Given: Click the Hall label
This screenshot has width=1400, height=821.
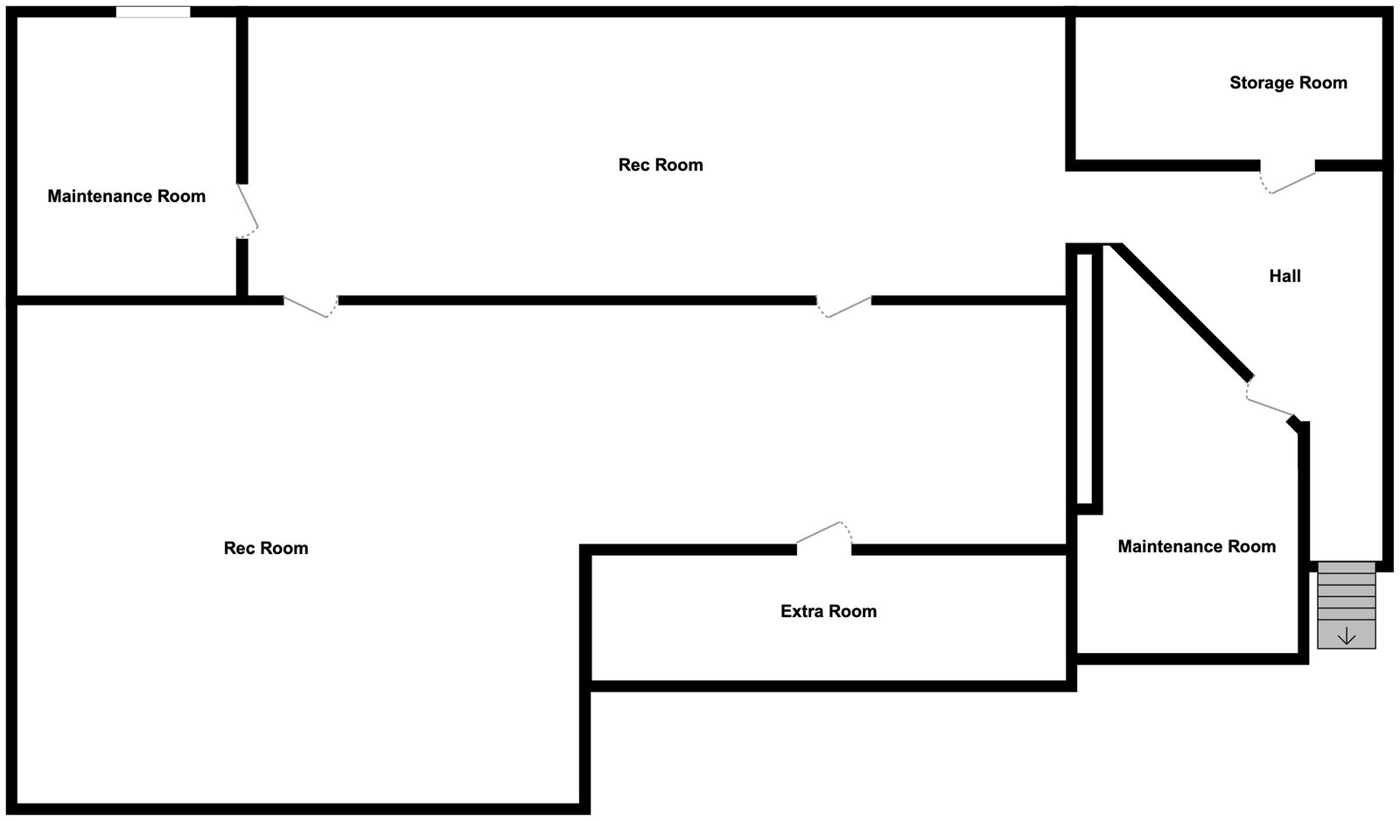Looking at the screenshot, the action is [1284, 277].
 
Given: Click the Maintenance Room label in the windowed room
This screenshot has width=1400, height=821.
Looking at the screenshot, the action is [126, 197].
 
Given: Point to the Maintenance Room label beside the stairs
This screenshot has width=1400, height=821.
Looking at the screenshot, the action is [1196, 547].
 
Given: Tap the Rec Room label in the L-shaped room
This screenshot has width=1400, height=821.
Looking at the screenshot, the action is [266, 549].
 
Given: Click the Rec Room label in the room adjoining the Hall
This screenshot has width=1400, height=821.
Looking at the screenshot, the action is [660, 165].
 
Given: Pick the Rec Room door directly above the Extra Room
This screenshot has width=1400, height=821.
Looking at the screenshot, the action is [843, 306].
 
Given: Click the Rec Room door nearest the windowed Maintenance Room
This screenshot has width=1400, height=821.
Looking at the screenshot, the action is [310, 306].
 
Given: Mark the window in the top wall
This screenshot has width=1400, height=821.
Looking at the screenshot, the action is [153, 12].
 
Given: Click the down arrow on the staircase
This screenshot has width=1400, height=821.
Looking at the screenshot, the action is [1347, 636].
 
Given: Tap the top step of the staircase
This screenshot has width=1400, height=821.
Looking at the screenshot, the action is [1347, 567].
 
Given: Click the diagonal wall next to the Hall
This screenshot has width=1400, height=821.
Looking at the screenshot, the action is [1181, 312].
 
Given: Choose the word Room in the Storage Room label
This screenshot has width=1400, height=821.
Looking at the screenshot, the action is [1322, 83].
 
